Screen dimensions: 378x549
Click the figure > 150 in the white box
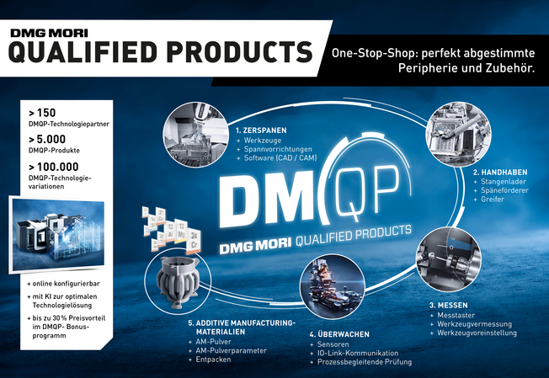tap(42, 112)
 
